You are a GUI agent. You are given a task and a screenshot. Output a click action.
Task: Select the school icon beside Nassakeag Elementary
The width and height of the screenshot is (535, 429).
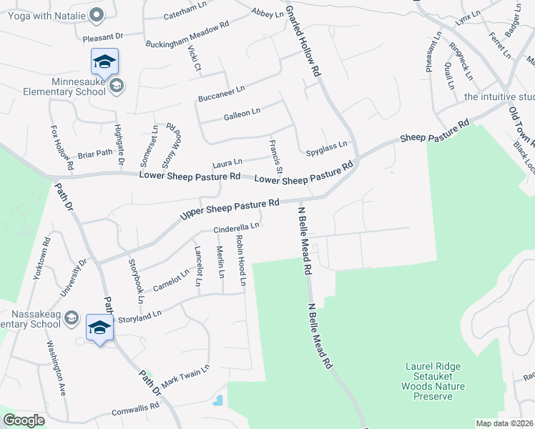pyautogui.click(x=99, y=327)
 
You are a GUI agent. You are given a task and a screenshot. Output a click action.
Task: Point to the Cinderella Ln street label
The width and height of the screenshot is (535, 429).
pyautogui.click(x=235, y=229)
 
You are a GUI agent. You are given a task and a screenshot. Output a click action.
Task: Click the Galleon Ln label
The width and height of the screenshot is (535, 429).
pyautogui.click(x=242, y=112)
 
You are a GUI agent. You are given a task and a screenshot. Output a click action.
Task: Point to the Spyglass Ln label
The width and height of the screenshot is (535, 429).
pyautogui.click(x=326, y=147)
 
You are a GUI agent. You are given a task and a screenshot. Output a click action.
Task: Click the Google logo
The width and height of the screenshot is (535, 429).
pyautogui.click(x=24, y=420)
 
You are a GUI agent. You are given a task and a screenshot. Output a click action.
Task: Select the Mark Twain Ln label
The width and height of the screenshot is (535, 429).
pyautogui.click(x=185, y=376)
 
